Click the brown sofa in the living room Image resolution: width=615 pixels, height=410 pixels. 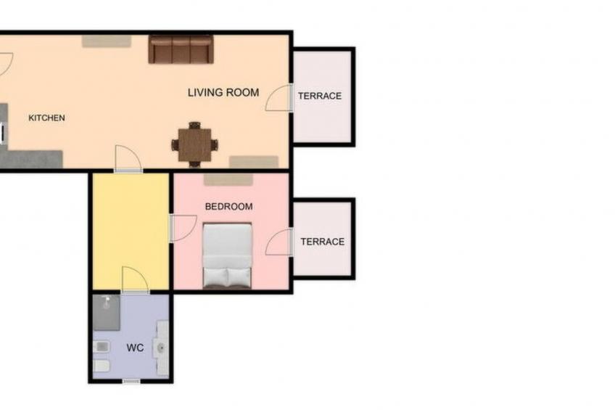coord(181,49)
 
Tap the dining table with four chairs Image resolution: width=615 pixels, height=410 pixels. coord(194,144)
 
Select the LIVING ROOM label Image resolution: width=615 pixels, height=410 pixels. coord(223,92)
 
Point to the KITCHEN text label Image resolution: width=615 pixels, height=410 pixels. coord(46,118)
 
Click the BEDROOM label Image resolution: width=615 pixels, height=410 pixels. coord(228,207)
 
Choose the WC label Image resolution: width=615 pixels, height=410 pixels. coord(135,348)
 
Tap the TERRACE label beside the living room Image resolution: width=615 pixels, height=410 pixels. coord(320,96)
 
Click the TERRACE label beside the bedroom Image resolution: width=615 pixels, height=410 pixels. coord(322,242)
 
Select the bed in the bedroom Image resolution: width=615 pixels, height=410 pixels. coord(227,255)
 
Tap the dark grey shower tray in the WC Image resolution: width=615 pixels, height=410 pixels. coord(107,311)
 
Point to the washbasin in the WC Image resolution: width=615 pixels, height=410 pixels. coord(162,348)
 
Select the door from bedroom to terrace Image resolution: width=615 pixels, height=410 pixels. coord(280,243)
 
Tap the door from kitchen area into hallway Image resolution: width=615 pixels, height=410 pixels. coord(128,159)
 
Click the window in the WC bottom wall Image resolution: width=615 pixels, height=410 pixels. coord(131,381)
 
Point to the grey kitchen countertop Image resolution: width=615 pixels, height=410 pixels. coord(33,158)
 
